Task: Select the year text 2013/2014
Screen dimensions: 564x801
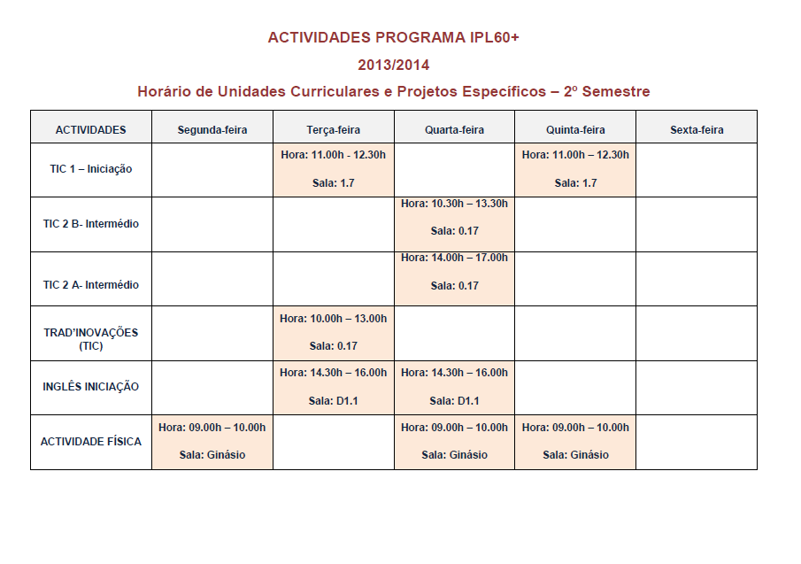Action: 394,65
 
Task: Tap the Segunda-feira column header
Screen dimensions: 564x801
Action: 212,130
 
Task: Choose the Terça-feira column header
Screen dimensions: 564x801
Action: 333,130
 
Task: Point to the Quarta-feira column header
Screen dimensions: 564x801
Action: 454,130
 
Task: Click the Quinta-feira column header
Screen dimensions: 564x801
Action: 575,130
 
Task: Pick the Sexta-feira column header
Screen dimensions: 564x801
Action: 697,130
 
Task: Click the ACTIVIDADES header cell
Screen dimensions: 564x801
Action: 91,130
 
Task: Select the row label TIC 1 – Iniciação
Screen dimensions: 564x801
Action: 91,169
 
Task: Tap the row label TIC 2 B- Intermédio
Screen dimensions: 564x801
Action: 91,224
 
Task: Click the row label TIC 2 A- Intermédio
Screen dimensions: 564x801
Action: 91,285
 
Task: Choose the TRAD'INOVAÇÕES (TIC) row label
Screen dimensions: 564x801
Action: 91,338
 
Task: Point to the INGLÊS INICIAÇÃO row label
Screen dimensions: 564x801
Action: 91,387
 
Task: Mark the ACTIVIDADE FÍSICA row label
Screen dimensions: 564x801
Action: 91,441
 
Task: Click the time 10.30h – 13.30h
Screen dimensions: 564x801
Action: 468,204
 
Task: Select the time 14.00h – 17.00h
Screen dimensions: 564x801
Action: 468,258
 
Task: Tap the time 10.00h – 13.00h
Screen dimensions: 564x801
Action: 347,318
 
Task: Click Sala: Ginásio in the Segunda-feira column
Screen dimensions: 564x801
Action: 212,455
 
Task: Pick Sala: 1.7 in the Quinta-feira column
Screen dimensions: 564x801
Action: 575,183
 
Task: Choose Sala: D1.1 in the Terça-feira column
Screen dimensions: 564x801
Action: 333,401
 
